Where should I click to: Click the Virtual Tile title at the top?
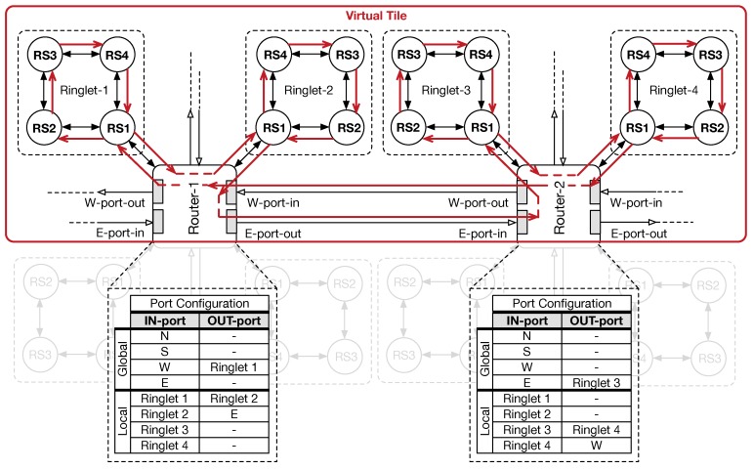point(375,15)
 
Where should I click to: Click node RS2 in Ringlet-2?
point(348,129)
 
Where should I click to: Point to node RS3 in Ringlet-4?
point(713,54)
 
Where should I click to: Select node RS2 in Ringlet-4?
point(713,129)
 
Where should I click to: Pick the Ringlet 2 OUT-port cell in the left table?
point(232,398)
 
